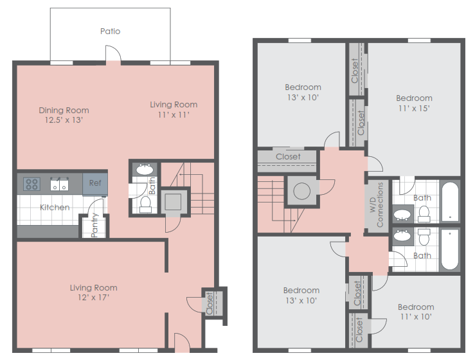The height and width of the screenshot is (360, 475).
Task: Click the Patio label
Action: [110, 31]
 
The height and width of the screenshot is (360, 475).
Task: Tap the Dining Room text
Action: [64, 110]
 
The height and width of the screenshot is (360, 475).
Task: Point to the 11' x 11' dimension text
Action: [174, 114]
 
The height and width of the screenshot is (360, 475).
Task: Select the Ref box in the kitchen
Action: [95, 183]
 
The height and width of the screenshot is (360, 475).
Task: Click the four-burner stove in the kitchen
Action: [31, 184]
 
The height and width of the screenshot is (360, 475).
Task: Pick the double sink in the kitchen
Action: [60, 184]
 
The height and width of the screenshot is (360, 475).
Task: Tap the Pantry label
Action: [94, 225]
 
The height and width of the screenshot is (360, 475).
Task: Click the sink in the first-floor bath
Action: [144, 170]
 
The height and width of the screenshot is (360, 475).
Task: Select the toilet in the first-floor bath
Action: [145, 203]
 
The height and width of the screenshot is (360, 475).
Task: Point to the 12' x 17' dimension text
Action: [93, 298]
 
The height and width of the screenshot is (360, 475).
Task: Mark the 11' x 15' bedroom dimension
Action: [413, 108]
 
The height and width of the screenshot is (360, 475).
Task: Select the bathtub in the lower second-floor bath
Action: [450, 249]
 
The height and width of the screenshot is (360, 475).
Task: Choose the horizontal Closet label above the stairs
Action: [288, 156]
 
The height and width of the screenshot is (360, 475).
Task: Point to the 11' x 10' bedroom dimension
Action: [415, 317]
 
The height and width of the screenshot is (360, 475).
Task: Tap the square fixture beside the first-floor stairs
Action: [174, 201]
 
